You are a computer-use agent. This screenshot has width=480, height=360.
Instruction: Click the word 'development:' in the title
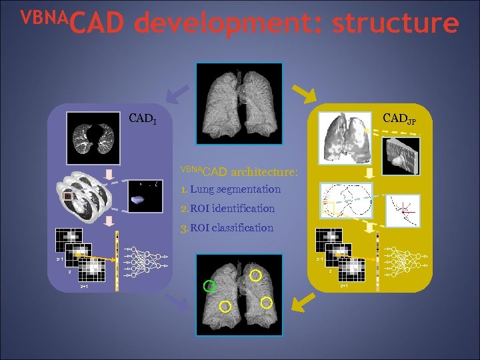click(227, 23)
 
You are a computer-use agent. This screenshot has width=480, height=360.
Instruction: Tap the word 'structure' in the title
click(395, 23)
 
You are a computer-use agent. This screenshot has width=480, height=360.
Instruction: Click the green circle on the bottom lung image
click(209, 287)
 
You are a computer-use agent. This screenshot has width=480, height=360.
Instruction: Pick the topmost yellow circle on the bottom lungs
click(255, 274)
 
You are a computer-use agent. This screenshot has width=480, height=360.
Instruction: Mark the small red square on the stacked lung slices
click(67, 197)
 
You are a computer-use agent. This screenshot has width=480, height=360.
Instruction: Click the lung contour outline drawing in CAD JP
click(346, 199)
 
